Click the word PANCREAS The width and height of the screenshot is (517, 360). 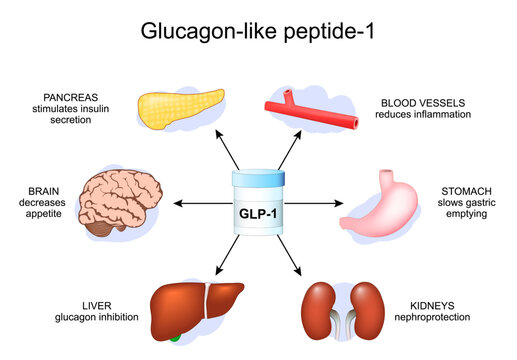71,98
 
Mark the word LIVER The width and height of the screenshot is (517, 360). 75,306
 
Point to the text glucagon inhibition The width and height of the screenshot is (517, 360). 75,318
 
